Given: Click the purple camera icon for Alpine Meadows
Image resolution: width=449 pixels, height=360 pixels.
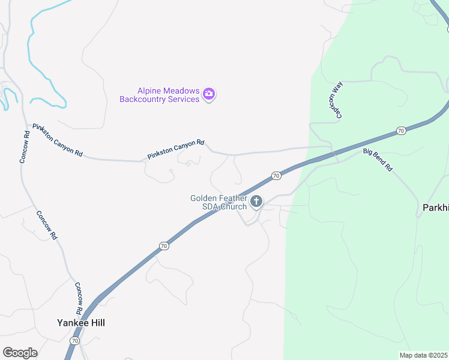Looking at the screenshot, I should click(209, 94).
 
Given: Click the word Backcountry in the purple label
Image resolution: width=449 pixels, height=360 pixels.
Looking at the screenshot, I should click(142, 99).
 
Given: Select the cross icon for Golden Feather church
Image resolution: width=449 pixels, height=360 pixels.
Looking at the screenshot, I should click(256, 202).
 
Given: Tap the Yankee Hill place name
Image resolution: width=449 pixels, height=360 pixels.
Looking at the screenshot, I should click(80, 323).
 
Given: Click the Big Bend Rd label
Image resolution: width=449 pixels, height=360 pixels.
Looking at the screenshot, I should click(378, 160).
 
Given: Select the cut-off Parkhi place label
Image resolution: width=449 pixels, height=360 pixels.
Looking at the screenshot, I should click(433, 207).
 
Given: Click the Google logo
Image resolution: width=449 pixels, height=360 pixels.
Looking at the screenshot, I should click(20, 353).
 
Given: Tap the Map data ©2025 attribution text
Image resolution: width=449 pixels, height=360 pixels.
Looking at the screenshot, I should click(423, 355).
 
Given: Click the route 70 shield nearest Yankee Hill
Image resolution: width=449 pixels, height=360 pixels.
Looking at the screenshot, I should click(74, 340).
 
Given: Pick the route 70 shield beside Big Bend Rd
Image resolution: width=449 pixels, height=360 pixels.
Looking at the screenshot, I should click(401, 131).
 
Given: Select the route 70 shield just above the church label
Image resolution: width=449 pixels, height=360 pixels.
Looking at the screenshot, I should click(276, 176).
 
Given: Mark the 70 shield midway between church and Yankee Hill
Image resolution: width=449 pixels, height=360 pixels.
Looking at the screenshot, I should click(164, 246).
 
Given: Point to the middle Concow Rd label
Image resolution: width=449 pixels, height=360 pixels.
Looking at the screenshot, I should click(46, 225).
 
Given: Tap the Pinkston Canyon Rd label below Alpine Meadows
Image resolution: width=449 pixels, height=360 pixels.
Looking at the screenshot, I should click(176, 150).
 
